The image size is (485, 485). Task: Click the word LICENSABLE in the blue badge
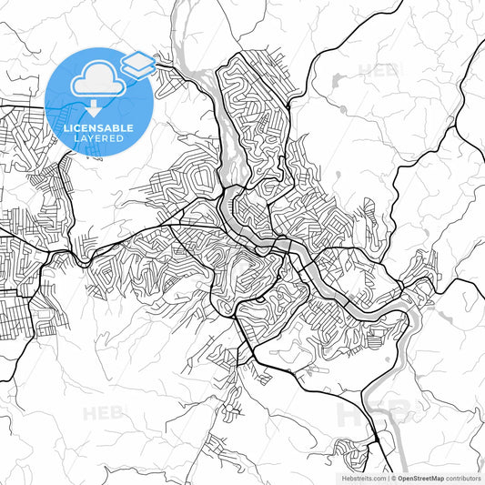(97, 128)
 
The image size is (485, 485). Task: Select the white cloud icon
(98, 80)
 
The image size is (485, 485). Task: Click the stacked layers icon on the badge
(137, 63)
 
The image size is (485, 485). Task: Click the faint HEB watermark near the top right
(379, 70)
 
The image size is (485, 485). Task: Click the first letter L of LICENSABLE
(66, 128)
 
